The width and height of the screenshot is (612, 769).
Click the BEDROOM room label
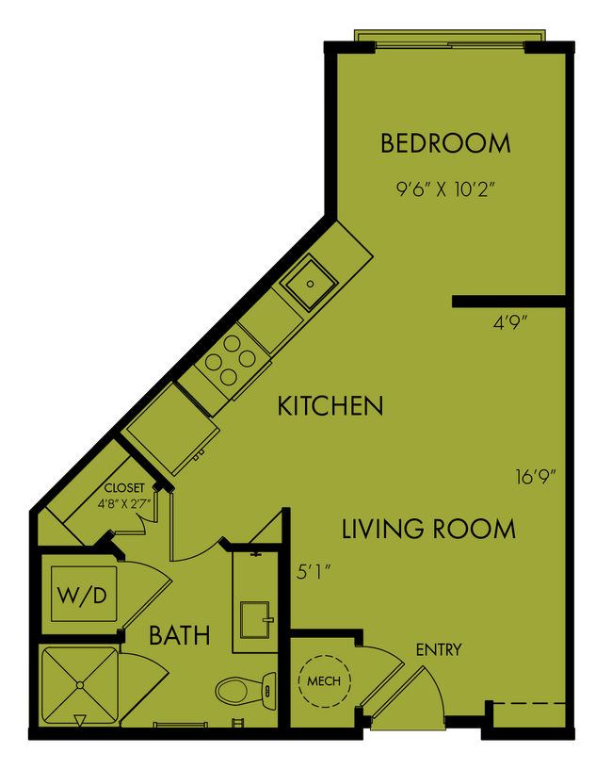pyautogui.click(x=445, y=143)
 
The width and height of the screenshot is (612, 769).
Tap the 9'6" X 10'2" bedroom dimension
pyautogui.click(x=445, y=188)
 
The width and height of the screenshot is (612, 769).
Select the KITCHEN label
pyautogui.click(x=330, y=406)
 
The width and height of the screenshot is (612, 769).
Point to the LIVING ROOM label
pyautogui.click(x=428, y=529)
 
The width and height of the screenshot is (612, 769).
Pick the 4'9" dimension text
pyautogui.click(x=510, y=322)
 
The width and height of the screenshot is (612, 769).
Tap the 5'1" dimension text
pyautogui.click(x=314, y=571)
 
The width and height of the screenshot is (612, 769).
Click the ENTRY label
pyautogui.click(x=439, y=650)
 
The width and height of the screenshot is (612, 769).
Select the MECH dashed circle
pyautogui.click(x=324, y=679)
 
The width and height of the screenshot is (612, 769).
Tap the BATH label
pyautogui.click(x=180, y=635)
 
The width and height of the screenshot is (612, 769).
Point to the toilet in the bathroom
pyautogui.click(x=244, y=691)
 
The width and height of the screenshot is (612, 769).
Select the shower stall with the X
pyautogui.click(x=79, y=685)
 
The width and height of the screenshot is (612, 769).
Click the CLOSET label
pyautogui.click(x=124, y=487)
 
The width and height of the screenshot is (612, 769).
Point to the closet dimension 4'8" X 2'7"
pyautogui.click(x=124, y=502)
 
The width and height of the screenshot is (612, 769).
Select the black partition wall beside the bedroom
pyautogui.click(x=508, y=302)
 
